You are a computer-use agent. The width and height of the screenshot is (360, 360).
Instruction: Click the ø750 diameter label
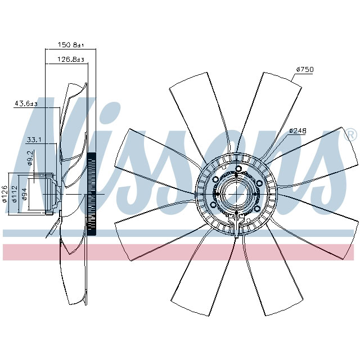coord(304,69)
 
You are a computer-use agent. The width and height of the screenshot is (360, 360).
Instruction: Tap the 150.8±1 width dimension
coord(71,44)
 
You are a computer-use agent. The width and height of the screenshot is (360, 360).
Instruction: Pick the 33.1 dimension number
coord(34,139)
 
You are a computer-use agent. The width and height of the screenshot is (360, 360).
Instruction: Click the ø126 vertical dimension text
coord(4,193)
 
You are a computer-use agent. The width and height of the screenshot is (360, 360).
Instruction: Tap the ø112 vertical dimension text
coord(15,193)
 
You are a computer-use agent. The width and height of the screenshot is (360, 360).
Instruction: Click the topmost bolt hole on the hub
coord(238,169)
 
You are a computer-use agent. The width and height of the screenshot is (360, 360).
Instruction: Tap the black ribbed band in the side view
coord(92,194)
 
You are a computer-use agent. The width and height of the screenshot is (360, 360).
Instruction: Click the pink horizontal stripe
coord(180,253)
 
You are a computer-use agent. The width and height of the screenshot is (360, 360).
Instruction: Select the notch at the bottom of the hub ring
coord(238,227)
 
